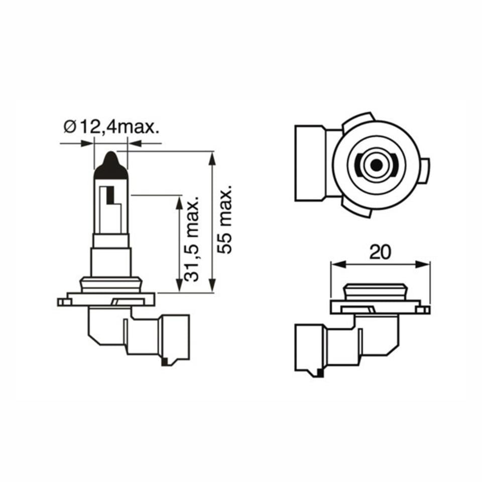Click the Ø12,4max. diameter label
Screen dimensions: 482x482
[112, 127]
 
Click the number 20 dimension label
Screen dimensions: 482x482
[380, 252]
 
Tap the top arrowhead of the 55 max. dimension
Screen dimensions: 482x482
[212, 157]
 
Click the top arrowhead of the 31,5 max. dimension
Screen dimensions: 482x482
[179, 202]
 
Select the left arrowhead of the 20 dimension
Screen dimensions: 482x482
[336, 264]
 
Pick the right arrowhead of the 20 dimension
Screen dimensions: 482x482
[425, 264]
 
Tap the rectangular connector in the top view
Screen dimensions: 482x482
[311, 163]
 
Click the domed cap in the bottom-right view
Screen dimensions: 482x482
[375, 291]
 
